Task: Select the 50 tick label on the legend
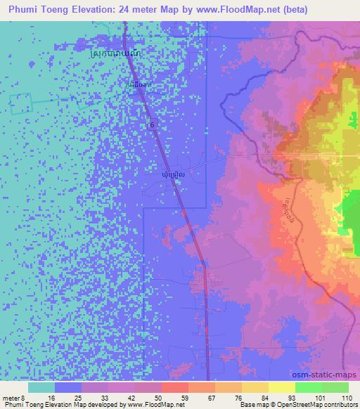tap(157, 397)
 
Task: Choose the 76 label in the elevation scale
tap(238, 397)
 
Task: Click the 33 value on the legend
tap(104, 397)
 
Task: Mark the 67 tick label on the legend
tap(211, 397)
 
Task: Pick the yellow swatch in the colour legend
tap(282, 387)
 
